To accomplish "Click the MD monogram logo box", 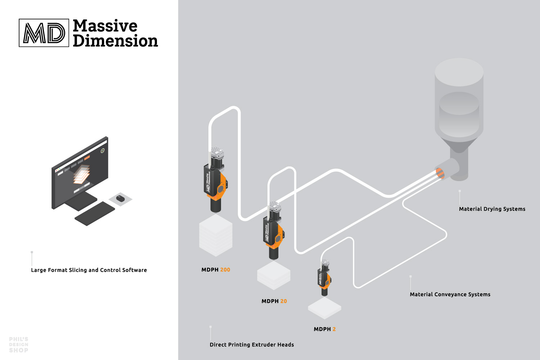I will point(44,33).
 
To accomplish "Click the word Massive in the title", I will point(105,26).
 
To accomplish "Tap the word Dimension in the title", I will point(115,41).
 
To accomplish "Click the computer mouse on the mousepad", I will point(120,198).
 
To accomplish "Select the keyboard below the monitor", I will point(95,213).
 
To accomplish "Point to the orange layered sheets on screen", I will point(81,174).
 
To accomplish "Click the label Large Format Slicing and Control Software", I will point(89,270).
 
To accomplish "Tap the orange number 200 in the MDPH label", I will point(225,270).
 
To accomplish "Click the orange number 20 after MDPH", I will point(284,301).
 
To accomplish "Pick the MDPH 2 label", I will point(324,329).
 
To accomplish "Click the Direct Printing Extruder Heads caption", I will point(252,345).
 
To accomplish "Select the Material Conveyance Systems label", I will point(450,294).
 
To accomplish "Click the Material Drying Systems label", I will point(492,209).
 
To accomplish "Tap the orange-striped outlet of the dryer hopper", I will point(440,173).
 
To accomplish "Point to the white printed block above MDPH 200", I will point(216,235).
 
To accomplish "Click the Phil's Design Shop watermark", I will point(19,345).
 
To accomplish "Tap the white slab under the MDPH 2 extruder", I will point(324,308).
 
